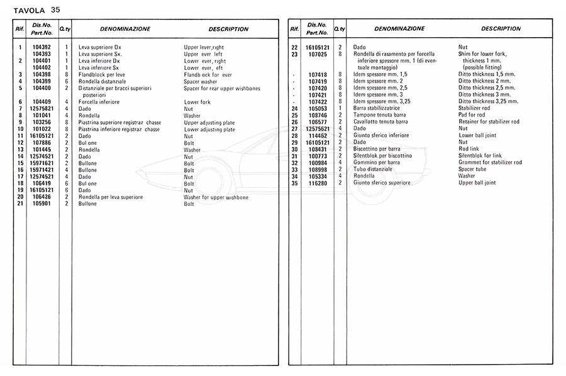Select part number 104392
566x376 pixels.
(x=42, y=47)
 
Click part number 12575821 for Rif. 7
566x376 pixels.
(x=42, y=109)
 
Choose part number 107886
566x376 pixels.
(x=42, y=143)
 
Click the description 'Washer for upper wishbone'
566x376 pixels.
(x=216, y=197)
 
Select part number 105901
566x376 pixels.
(x=42, y=204)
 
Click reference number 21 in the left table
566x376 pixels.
(x=20, y=204)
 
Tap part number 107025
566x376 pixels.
(x=318, y=54)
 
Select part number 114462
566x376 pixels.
(x=318, y=135)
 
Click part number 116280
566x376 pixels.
(x=318, y=183)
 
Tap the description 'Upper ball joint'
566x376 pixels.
(x=477, y=183)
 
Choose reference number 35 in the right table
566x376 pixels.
(x=294, y=183)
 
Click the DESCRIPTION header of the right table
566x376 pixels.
(x=501, y=29)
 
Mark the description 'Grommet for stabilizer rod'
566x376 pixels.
(x=490, y=162)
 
